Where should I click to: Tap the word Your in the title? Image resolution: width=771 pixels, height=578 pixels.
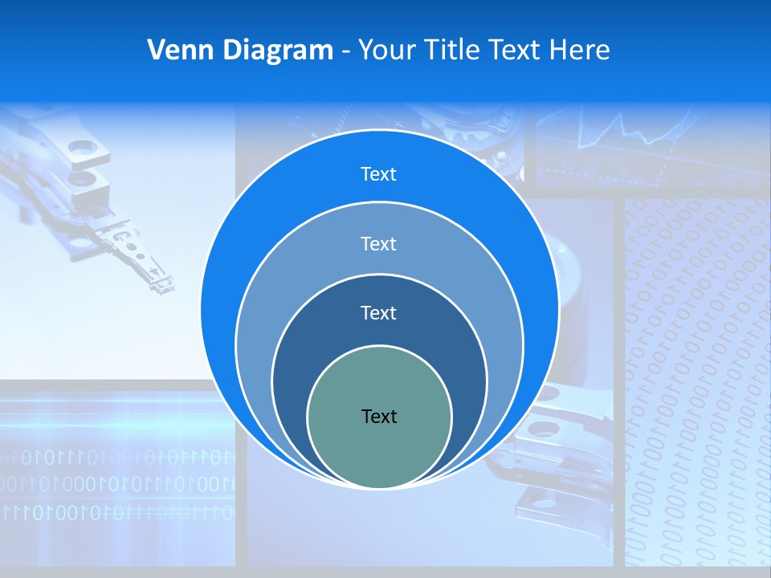point(383,51)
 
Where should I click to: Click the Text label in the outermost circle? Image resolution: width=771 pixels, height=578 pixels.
point(378,174)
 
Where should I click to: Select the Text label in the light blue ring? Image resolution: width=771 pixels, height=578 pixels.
point(378,243)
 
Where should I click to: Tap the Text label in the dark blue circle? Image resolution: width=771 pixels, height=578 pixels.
point(378,313)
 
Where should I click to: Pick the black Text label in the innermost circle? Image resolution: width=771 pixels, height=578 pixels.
point(379,417)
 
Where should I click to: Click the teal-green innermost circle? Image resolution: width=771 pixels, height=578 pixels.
point(380,450)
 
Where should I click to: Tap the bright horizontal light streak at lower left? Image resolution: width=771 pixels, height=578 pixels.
point(112,422)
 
